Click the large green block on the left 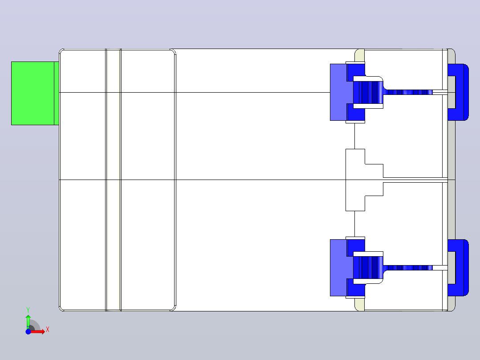(33, 93)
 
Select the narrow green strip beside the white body (57, 93)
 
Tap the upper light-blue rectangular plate (338, 92)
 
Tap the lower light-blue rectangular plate (338, 267)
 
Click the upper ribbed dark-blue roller (368, 92)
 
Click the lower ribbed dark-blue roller (368, 268)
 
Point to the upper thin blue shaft (408, 92)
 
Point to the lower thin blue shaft (408, 268)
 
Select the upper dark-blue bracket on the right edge (462, 92)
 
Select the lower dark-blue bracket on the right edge (462, 267)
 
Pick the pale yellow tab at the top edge (359, 55)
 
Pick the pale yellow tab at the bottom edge (359, 305)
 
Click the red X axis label (48, 330)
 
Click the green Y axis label (28, 310)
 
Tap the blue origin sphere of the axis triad (28, 331)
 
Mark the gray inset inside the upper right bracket (452, 92)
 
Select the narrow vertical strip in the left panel (113, 180)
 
